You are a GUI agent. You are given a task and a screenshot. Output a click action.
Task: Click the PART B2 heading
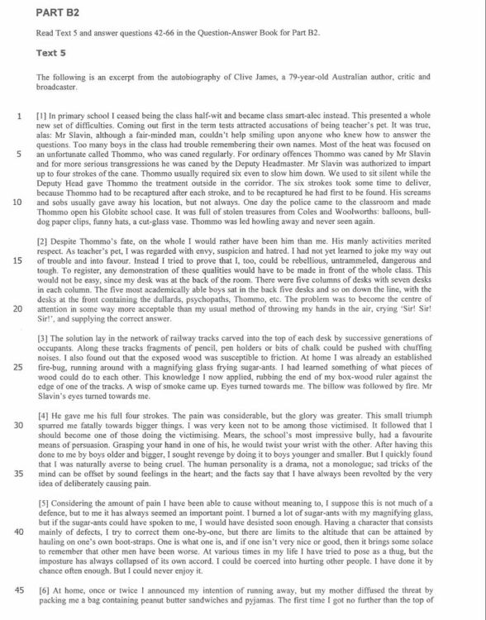point(60,14)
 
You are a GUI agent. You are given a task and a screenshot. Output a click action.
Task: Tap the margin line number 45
point(17,591)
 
